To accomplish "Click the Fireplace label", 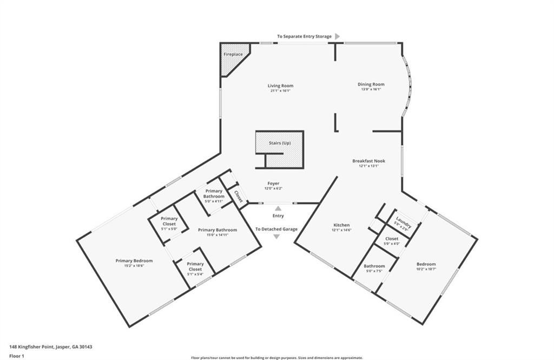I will (x=233, y=55).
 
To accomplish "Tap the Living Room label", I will (x=280, y=86).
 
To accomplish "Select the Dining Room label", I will (x=371, y=84).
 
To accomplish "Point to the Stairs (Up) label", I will (x=280, y=143).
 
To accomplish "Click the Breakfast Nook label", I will (x=368, y=161).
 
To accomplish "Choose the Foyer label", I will (x=273, y=184).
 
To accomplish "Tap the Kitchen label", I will (x=341, y=225).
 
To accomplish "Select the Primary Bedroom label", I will (x=134, y=261).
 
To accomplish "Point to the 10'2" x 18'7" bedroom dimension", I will (x=426, y=269).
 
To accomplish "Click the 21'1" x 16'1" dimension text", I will (x=280, y=91).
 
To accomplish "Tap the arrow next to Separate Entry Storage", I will (x=338, y=36).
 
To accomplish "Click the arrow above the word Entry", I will (x=278, y=208).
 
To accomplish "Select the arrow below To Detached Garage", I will (x=276, y=237).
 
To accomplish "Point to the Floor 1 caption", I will (x=17, y=356).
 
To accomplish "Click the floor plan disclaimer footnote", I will (x=277, y=357).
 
